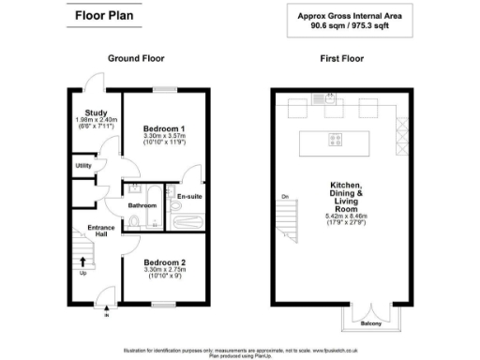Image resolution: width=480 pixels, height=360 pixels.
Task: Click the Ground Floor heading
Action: tap(136, 58)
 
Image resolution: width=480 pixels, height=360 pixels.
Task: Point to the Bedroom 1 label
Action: tap(164, 127)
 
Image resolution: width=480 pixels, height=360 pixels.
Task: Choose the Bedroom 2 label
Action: tap(164, 262)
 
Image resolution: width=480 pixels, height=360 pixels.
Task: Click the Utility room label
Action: tap(83, 165)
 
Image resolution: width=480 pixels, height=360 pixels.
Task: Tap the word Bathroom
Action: tap(142, 204)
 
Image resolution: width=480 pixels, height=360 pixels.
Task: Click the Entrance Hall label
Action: tap(100, 230)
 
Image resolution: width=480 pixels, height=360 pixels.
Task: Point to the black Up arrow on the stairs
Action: tap(82, 262)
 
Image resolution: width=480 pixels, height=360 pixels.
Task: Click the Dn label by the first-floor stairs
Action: tap(282, 196)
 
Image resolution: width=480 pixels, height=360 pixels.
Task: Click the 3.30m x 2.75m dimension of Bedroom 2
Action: tap(164, 270)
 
